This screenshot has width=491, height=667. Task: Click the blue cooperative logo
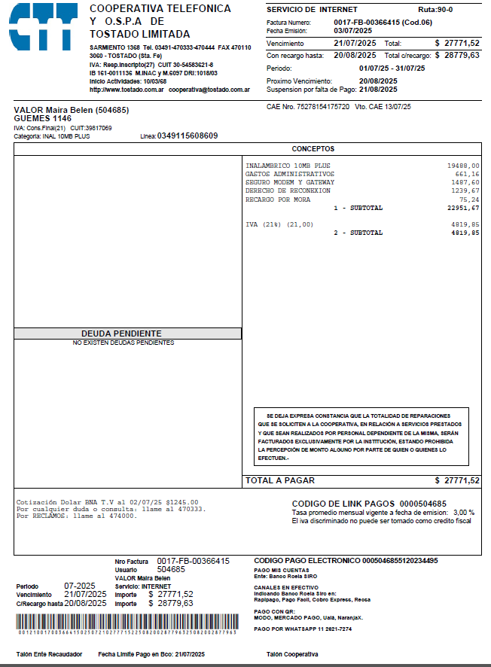(x=44, y=27)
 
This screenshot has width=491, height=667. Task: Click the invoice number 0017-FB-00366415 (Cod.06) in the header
(x=383, y=23)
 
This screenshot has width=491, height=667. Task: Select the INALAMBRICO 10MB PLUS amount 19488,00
(x=463, y=166)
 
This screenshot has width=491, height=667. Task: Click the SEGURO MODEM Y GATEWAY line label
(x=290, y=182)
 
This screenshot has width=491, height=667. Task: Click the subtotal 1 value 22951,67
(x=463, y=208)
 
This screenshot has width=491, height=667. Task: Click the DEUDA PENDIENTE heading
(x=127, y=333)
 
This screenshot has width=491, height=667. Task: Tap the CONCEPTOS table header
(x=313, y=149)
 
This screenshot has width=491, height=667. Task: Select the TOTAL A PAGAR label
(x=280, y=480)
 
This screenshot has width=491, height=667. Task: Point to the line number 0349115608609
(x=188, y=136)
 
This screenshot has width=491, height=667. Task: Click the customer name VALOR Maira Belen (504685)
(x=72, y=110)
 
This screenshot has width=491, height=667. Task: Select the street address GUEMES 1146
(x=43, y=118)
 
